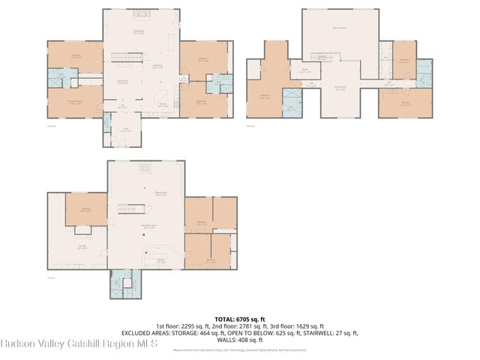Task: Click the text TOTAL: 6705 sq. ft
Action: (x=239, y=319)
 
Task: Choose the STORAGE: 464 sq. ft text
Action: (x=196, y=333)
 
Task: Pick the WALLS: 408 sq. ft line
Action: (x=239, y=340)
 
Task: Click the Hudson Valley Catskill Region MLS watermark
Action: (x=79, y=345)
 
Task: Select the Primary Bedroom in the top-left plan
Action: (x=75, y=103)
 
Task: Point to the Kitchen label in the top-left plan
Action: (x=163, y=104)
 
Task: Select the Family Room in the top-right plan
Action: (x=339, y=89)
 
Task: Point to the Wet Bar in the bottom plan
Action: (x=160, y=260)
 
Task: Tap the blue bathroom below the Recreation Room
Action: (x=120, y=285)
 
